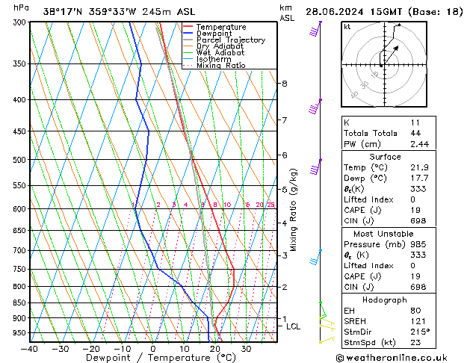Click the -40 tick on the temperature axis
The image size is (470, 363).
(29, 348)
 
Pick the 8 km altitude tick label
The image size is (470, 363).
(284, 84)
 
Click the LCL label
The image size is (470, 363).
(293, 326)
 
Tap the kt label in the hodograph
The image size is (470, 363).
(347, 27)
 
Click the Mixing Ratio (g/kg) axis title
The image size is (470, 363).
(294, 209)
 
